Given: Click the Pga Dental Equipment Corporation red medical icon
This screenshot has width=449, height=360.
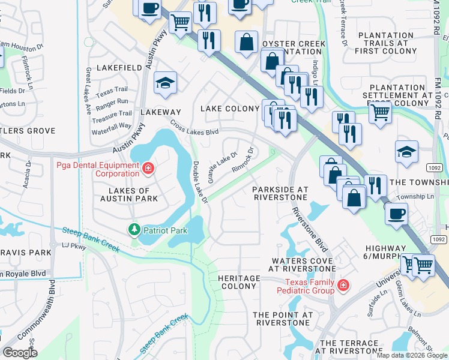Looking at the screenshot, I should tap(148, 169).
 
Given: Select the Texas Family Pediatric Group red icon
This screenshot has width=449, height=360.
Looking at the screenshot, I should tap(343, 286).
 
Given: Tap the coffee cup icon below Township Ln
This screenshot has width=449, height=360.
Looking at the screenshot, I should tap(396, 212).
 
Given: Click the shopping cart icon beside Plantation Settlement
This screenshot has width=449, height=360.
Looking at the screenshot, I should tap(379, 111).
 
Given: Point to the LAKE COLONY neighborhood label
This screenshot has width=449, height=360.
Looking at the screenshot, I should tap(230, 109).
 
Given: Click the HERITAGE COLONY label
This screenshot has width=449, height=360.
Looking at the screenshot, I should tap(239, 283).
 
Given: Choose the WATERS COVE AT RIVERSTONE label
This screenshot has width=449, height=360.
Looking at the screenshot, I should tap(303, 265).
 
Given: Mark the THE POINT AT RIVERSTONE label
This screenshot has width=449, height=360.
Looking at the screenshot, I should tap(283, 318).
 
